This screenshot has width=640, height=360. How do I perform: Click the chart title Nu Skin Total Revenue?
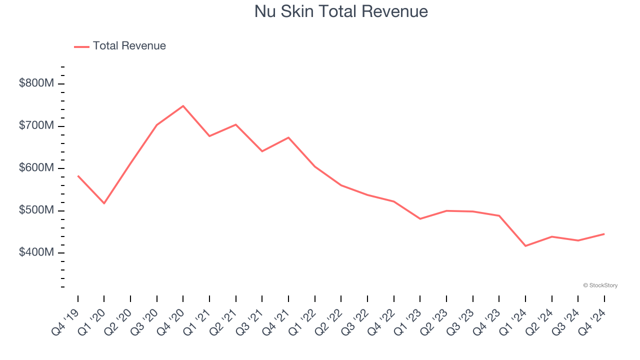click(x=341, y=11)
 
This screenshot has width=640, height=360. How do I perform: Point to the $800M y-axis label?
click(x=36, y=83)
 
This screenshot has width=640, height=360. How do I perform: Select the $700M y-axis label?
click(x=36, y=125)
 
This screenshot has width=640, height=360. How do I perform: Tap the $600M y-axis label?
click(x=36, y=168)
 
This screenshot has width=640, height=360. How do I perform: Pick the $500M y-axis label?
click(x=36, y=210)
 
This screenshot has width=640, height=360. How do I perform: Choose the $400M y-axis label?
click(x=36, y=252)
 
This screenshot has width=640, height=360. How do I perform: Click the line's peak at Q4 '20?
click(x=183, y=106)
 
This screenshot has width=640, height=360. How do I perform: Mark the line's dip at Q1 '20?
click(x=104, y=203)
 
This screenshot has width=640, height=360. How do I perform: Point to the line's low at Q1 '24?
click(x=525, y=246)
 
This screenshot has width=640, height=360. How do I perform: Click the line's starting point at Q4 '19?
click(x=78, y=176)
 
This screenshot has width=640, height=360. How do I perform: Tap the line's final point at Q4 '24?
click(x=604, y=234)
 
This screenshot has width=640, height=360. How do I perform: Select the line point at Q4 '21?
click(x=288, y=137)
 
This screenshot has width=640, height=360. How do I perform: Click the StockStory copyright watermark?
click(x=600, y=285)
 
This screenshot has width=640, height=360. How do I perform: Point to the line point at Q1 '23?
click(x=420, y=219)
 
